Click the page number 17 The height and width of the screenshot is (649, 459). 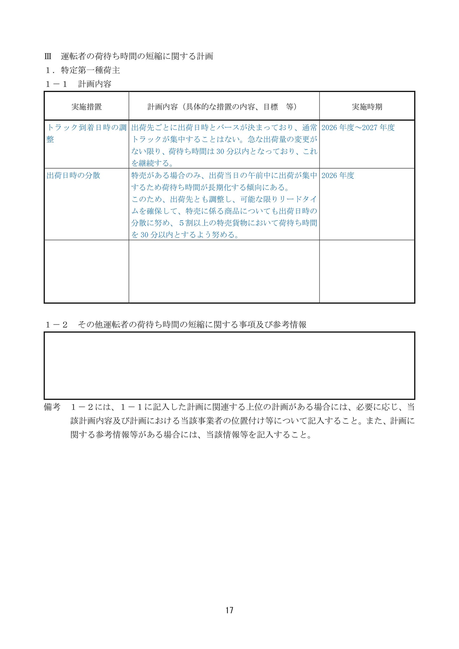click(229, 610)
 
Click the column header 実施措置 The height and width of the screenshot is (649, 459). click(86, 107)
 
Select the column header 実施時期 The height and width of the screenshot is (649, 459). click(367, 107)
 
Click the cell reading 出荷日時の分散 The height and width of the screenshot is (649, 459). click(73, 176)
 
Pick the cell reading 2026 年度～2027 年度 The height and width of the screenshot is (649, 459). click(358, 128)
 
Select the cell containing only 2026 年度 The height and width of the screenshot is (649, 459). click(338, 176)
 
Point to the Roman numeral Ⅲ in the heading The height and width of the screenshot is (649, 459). click(48, 57)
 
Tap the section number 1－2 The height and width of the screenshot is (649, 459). click(56, 325)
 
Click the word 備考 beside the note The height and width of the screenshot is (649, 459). click(52, 407)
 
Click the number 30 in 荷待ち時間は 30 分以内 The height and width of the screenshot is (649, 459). click(221, 152)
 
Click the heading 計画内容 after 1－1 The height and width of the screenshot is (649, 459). click(95, 84)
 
